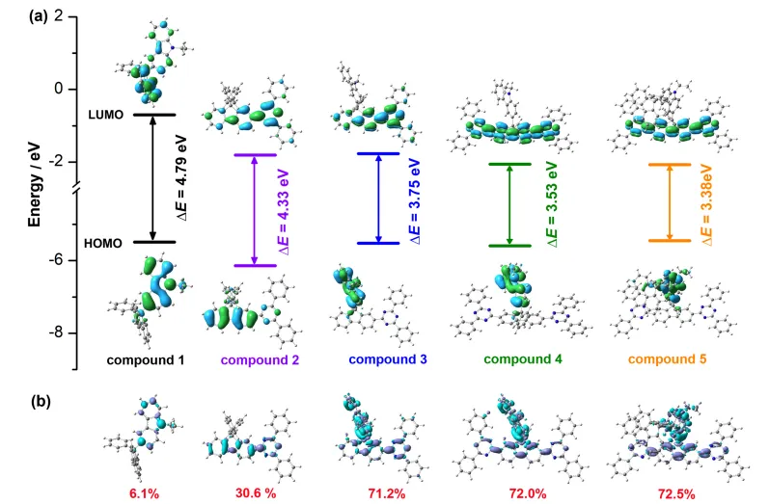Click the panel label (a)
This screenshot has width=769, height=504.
tap(15, 15)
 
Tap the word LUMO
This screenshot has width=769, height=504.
tap(101, 115)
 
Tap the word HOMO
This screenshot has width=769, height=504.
tap(101, 243)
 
